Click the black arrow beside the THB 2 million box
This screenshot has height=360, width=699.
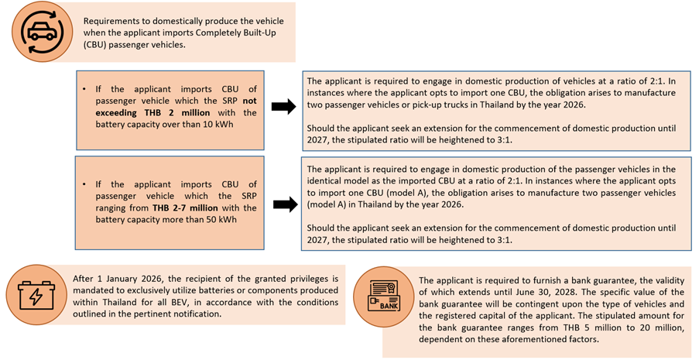[283, 107]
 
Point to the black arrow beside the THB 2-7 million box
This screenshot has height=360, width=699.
[283, 204]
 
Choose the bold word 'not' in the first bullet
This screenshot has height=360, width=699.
[249, 101]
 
